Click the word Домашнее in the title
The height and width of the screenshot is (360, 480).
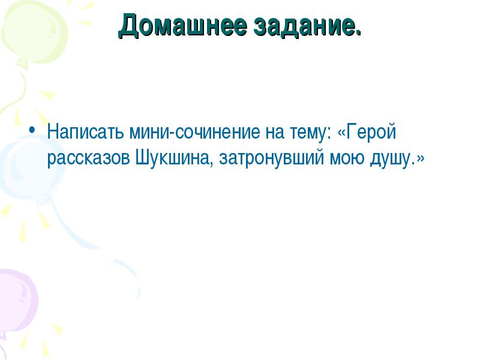click(182, 26)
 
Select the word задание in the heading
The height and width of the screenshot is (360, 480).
click(304, 26)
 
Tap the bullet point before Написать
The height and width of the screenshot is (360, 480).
click(31, 130)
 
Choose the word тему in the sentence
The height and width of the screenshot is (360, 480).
click(307, 132)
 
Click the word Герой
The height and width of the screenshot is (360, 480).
click(371, 132)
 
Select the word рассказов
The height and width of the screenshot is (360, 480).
click(89, 159)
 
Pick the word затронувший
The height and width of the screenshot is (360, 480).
click(272, 158)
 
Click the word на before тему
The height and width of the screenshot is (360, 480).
click(274, 132)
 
